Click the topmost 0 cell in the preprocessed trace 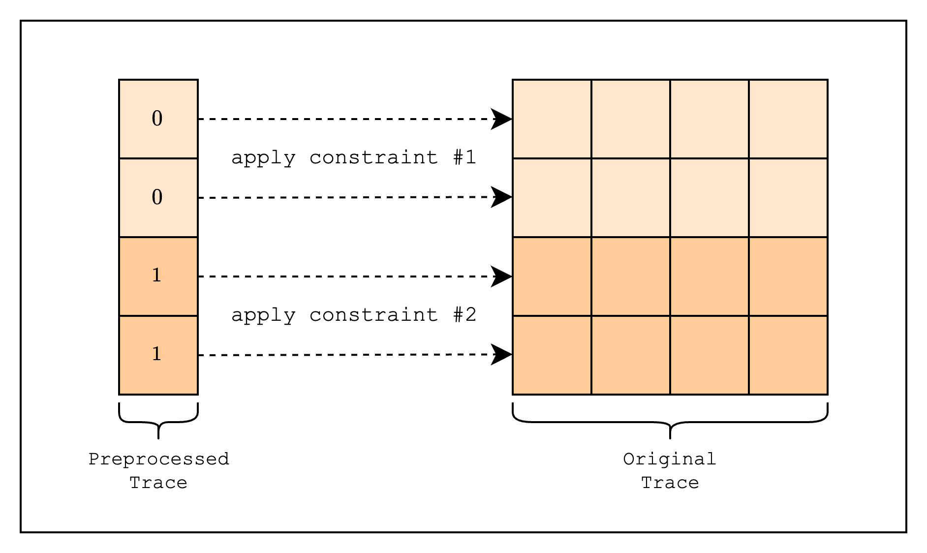tap(158, 119)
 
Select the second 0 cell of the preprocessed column tap(158, 198)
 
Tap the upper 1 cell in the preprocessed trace tap(158, 276)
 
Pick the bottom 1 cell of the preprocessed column tap(158, 355)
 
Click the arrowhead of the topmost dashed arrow tap(502, 119)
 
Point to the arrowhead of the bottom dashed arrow tap(502, 355)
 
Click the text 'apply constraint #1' tap(354, 157)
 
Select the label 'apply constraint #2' tap(354, 315)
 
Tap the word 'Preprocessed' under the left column tap(159, 460)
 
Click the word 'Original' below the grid tap(670, 460)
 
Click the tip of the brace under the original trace tap(670, 438)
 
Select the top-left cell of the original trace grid tap(552, 119)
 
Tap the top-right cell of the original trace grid tap(788, 119)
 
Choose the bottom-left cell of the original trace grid tap(552, 355)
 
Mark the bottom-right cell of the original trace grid tap(788, 355)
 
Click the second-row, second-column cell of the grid tap(631, 198)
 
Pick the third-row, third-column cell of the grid tap(710, 276)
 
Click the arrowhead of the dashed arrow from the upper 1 tap(502, 276)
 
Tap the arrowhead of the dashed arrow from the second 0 tap(502, 197)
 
